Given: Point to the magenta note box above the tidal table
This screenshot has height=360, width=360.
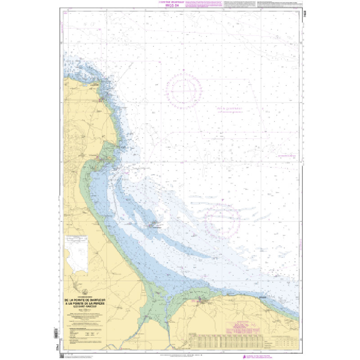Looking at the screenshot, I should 243,325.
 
